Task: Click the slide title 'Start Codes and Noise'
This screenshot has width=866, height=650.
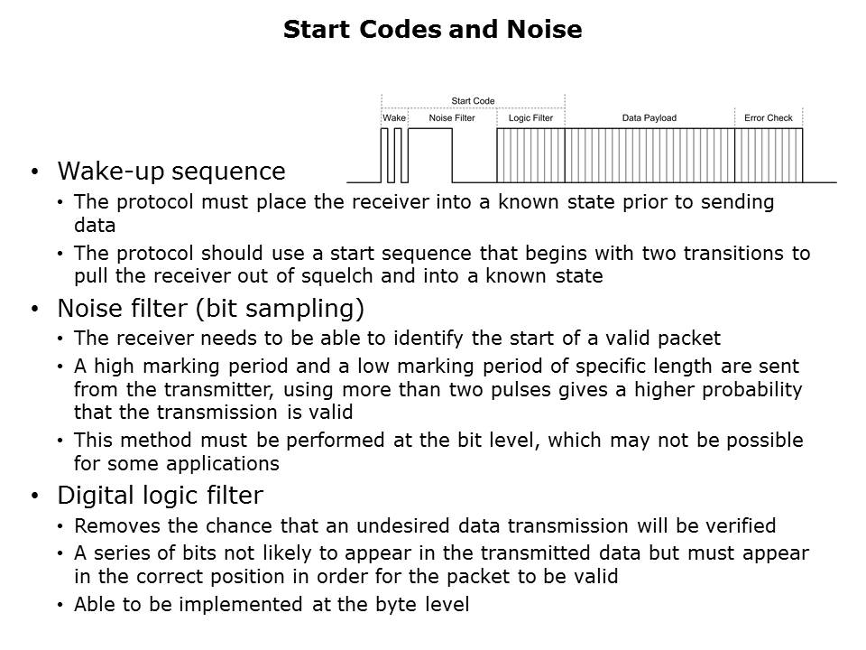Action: click(x=432, y=29)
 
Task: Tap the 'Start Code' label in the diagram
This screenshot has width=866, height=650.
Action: click(x=473, y=100)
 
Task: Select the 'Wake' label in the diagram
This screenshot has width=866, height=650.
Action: click(x=394, y=117)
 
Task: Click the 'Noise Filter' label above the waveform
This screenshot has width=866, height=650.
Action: click(x=452, y=117)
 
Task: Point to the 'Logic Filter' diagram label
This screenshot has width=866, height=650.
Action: click(x=530, y=117)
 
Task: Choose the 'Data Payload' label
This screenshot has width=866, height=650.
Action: click(x=649, y=117)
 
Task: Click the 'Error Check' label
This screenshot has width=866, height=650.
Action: click(x=769, y=117)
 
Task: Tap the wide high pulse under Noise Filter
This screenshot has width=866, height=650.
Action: click(x=430, y=129)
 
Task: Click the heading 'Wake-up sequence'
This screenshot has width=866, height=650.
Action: click(x=171, y=172)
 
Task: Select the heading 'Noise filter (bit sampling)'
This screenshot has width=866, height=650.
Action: click(x=210, y=309)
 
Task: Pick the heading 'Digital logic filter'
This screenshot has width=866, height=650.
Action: click(x=161, y=496)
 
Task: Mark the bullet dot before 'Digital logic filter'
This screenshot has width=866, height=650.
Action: click(x=35, y=496)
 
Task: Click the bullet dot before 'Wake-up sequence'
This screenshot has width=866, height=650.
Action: click(x=35, y=172)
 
